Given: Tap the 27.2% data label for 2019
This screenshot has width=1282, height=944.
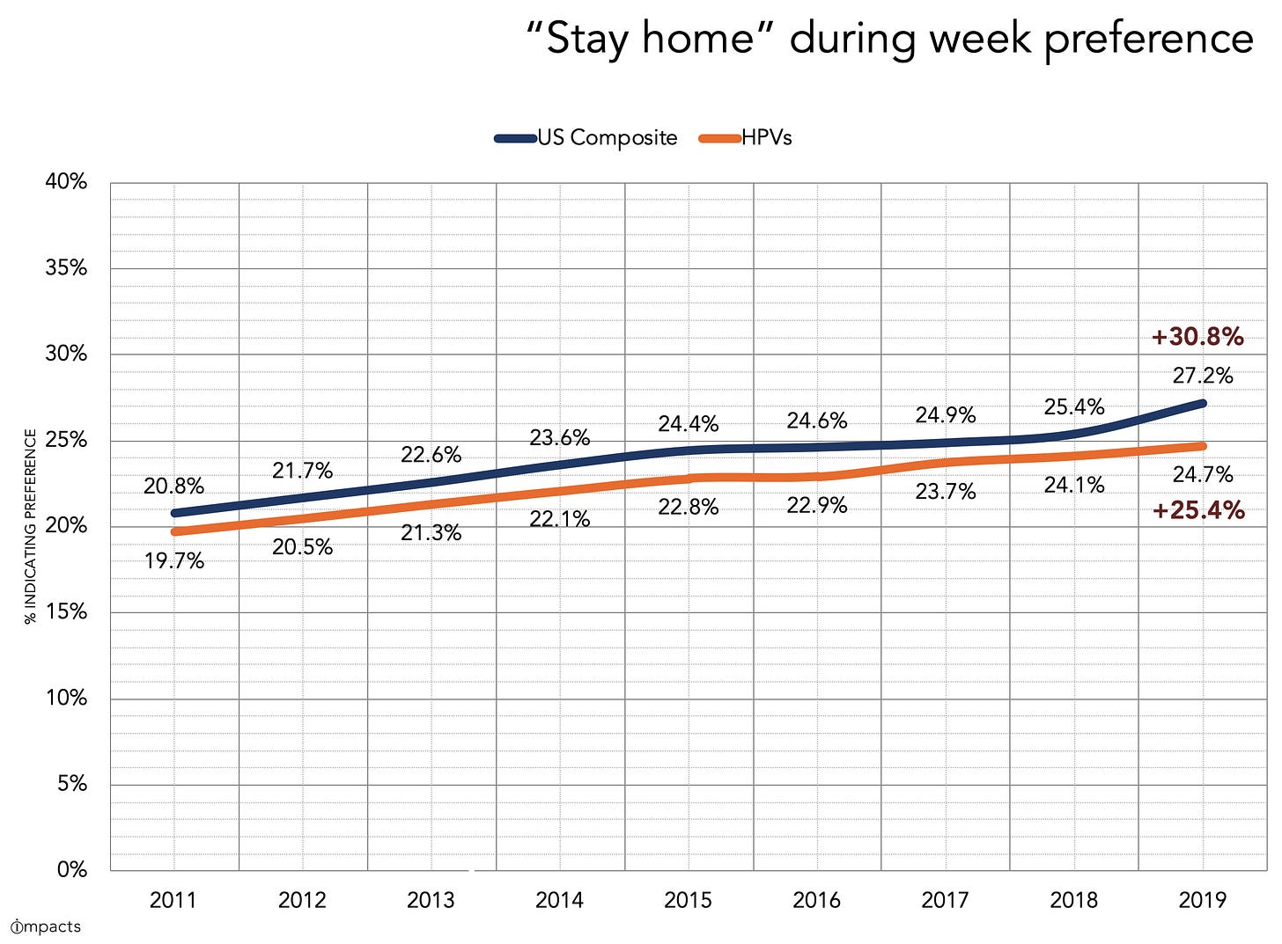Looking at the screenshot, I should tap(1203, 376).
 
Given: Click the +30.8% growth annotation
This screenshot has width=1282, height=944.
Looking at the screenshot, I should tap(1197, 337).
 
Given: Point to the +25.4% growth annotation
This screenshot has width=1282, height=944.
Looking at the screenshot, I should tap(1198, 510).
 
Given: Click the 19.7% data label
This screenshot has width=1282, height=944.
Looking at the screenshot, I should tap(174, 560).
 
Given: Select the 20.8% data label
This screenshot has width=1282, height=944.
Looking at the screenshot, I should tap(174, 486).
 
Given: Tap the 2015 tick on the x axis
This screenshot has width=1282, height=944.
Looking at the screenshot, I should tap(689, 900).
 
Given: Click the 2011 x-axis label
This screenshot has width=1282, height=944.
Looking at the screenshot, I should tap(173, 900).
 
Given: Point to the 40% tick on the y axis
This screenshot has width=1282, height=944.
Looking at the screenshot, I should tap(67, 182).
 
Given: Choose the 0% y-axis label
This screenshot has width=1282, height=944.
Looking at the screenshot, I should tap(72, 870).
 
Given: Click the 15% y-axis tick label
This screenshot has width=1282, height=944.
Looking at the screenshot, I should tap(67, 612).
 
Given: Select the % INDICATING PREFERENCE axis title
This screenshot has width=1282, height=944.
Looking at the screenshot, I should tap(31, 526).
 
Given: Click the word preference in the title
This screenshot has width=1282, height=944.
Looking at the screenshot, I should tap(1148, 40).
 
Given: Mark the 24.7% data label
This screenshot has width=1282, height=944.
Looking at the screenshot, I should tap(1203, 475).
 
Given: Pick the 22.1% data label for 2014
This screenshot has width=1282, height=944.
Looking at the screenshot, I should tap(560, 519).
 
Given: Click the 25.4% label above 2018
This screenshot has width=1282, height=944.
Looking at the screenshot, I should tap(1074, 407).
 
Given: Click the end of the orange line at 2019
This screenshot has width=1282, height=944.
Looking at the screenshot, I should tap(1202, 446).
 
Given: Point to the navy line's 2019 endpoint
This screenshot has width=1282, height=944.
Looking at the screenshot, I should tap(1202, 404).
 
